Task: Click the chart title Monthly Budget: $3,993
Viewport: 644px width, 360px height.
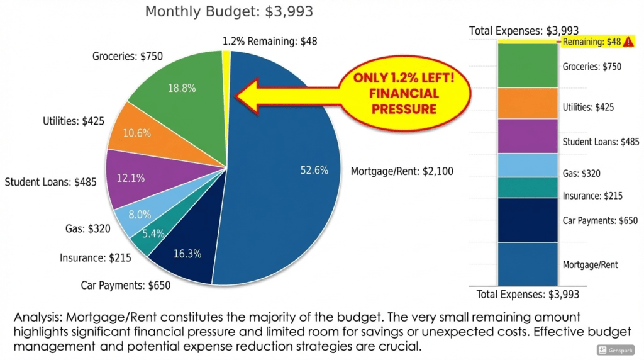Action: click(x=229, y=11)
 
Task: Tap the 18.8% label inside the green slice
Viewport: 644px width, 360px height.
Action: click(x=181, y=89)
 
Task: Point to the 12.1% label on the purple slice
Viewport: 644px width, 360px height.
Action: click(x=130, y=178)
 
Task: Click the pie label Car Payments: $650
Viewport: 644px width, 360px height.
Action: click(x=125, y=285)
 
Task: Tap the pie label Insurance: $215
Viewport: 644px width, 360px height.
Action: click(x=91, y=257)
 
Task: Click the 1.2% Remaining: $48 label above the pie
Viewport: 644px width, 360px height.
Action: click(x=270, y=42)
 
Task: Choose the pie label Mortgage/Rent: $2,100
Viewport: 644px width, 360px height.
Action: click(x=401, y=171)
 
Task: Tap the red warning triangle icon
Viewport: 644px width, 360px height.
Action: click(x=630, y=42)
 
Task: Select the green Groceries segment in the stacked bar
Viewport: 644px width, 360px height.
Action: click(x=528, y=65)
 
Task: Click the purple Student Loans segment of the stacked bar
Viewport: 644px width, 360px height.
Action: click(x=528, y=136)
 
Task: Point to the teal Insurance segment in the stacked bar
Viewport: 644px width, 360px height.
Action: click(x=528, y=188)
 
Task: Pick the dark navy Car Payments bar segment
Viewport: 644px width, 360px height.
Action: click(x=528, y=220)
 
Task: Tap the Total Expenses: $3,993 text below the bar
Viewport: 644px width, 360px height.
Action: click(x=528, y=294)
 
